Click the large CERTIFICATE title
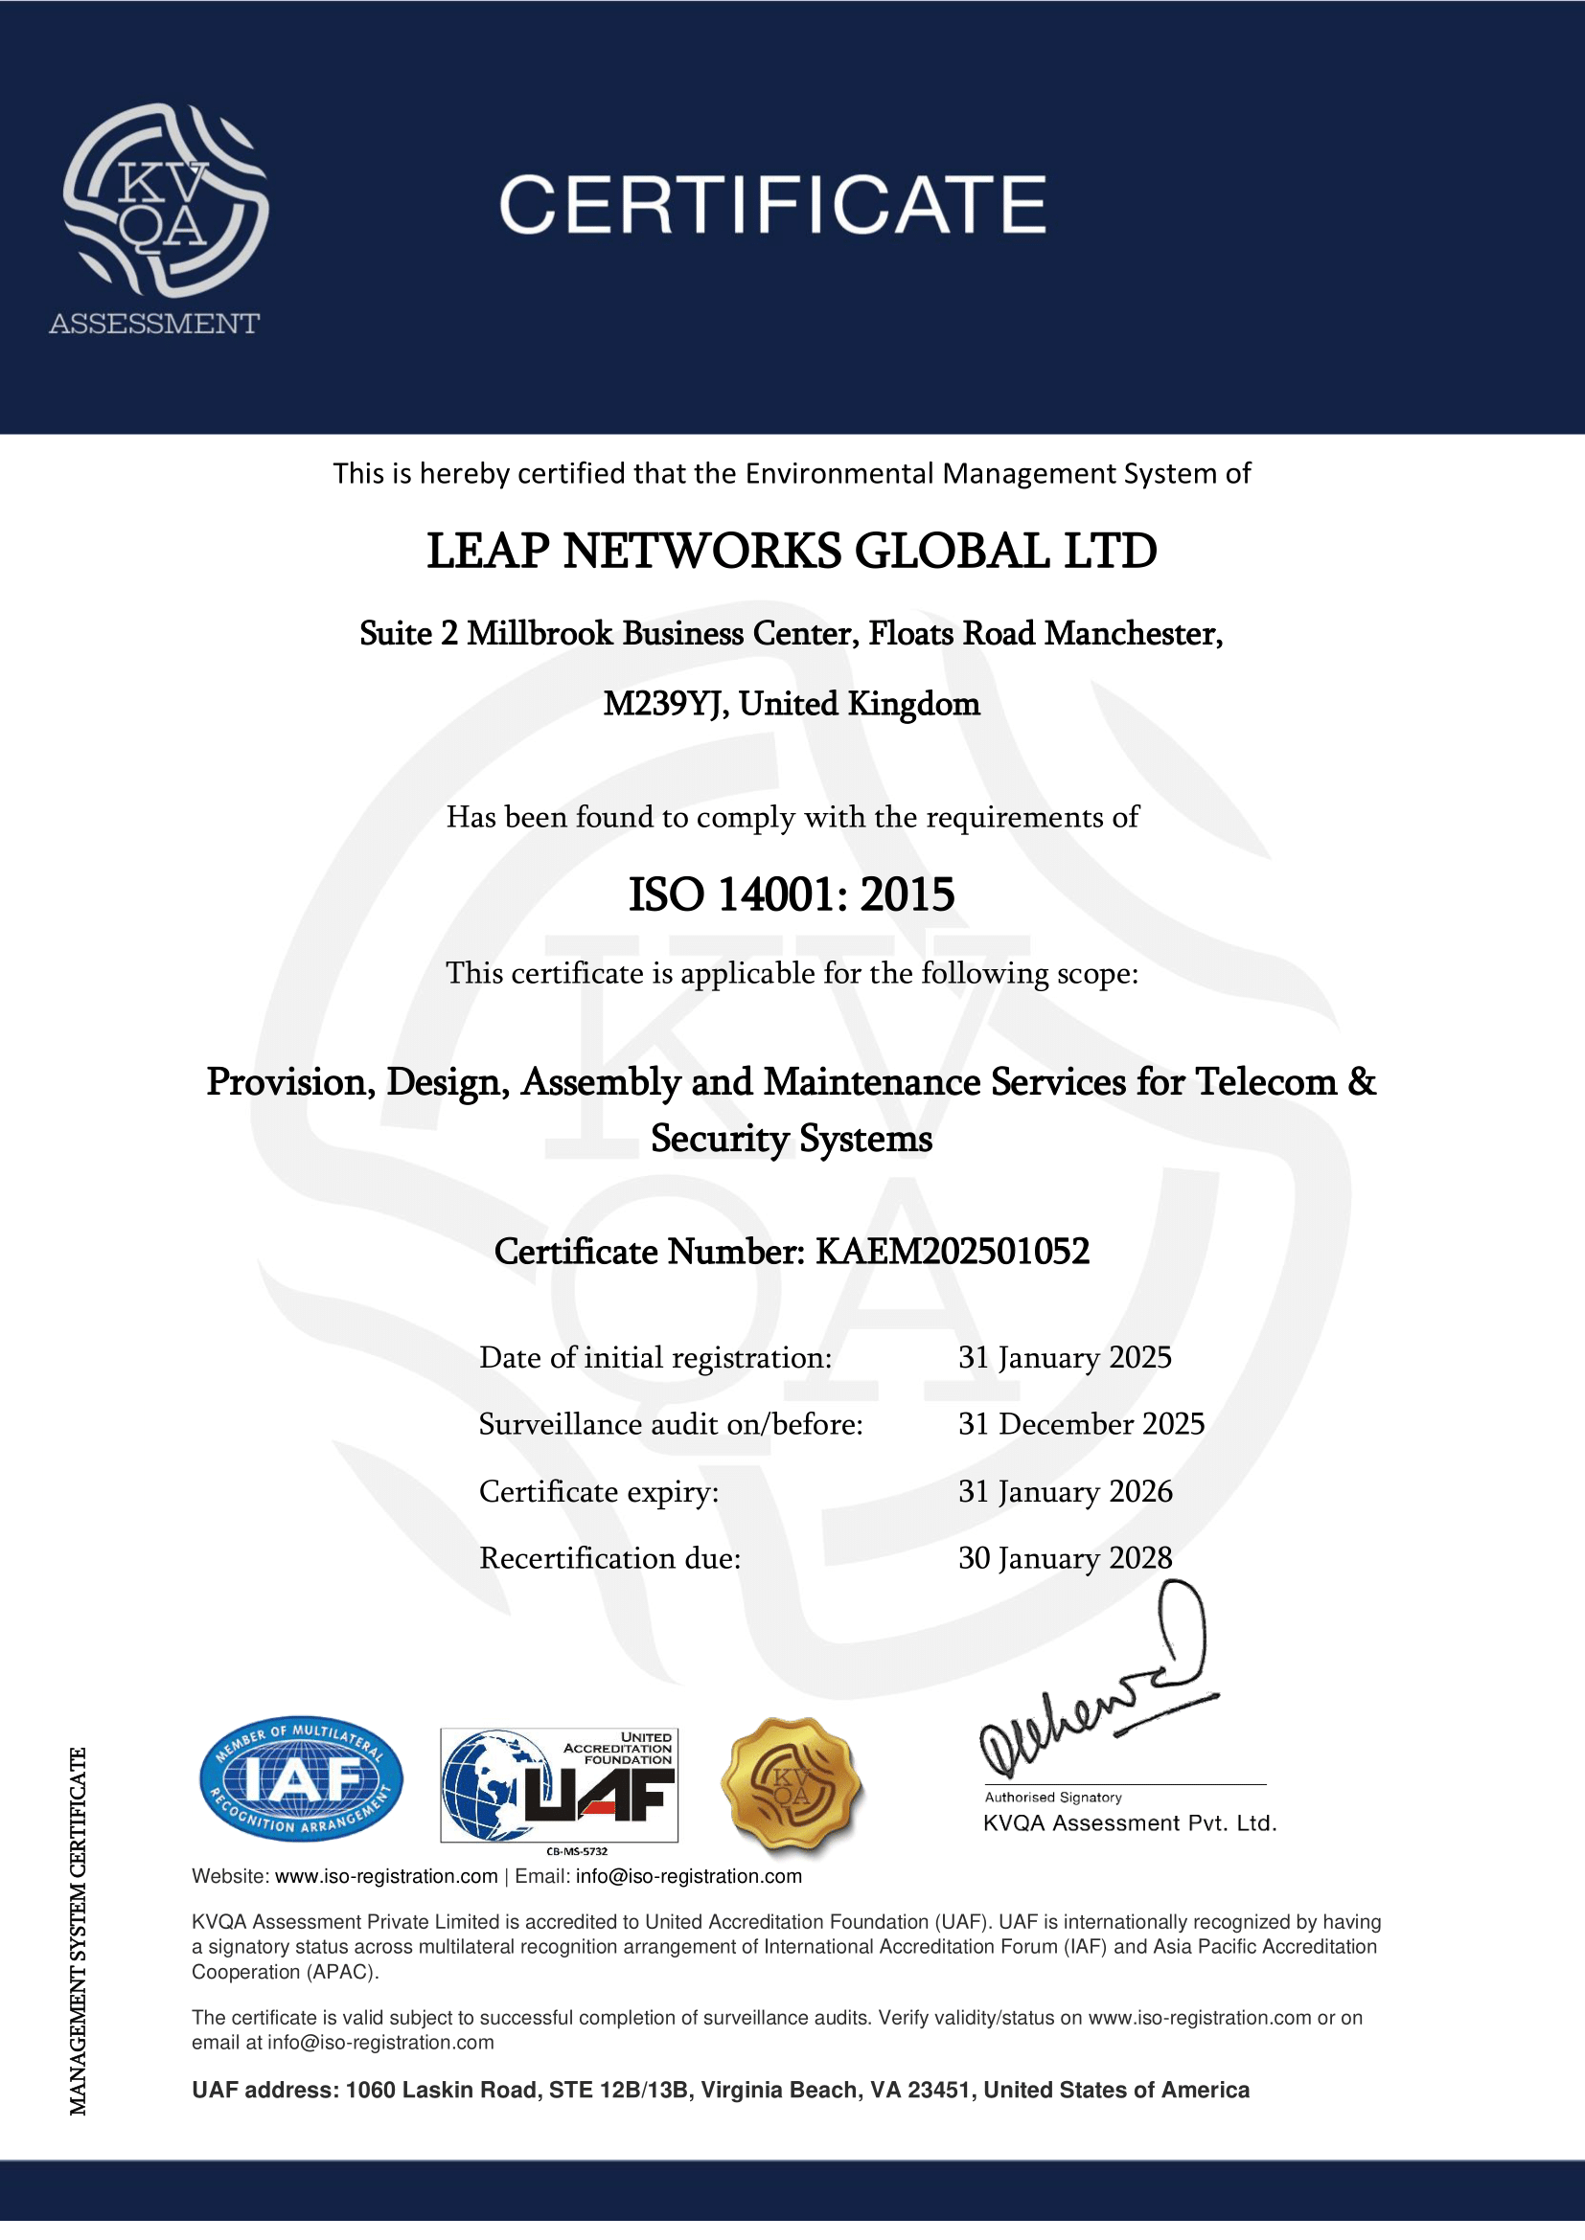click(772, 205)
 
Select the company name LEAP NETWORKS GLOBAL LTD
click(792, 552)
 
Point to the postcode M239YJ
click(665, 704)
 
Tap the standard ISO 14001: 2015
click(792, 894)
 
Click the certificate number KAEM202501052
click(952, 1252)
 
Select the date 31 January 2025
click(1065, 1357)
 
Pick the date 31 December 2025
click(1081, 1424)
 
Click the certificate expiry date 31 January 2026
click(1065, 1491)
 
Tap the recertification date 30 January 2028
click(1065, 1558)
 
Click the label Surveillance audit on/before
click(671, 1424)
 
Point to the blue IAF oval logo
click(301, 1780)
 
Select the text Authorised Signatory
click(1053, 1797)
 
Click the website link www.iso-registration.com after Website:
click(386, 1876)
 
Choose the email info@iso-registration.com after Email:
click(689, 1876)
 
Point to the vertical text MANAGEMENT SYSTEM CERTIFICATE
click(78, 1932)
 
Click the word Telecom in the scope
click(1266, 1082)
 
